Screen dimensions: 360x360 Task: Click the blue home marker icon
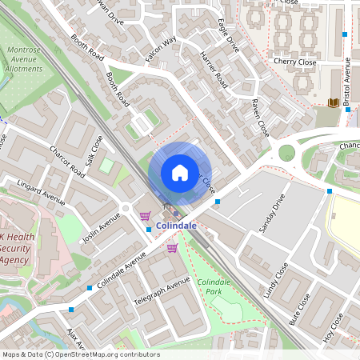180,172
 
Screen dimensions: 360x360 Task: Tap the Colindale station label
176,226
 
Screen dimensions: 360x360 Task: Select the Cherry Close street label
294,62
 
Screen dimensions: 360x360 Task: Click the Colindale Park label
214,286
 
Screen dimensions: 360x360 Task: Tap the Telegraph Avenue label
162,293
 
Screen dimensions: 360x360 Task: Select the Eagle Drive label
229,34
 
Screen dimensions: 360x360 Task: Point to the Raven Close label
258,117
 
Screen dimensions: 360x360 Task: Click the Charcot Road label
67,160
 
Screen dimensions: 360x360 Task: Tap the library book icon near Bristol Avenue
332,102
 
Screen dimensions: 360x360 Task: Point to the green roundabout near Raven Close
286,153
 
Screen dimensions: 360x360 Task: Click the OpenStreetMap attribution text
80,354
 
